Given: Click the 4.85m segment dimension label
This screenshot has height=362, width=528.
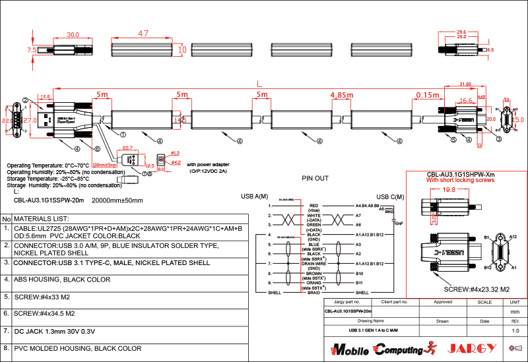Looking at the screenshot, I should (341, 95).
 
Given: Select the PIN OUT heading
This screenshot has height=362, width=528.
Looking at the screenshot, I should (315, 178).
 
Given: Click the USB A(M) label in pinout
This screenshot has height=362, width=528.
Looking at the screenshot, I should (255, 196).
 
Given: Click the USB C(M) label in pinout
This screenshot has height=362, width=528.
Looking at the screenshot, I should (390, 196).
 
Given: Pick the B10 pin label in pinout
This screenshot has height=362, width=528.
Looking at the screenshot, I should (359, 272).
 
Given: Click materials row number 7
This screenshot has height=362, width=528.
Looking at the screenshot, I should (5, 330).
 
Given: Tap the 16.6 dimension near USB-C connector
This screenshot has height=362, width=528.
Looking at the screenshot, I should (466, 101).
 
